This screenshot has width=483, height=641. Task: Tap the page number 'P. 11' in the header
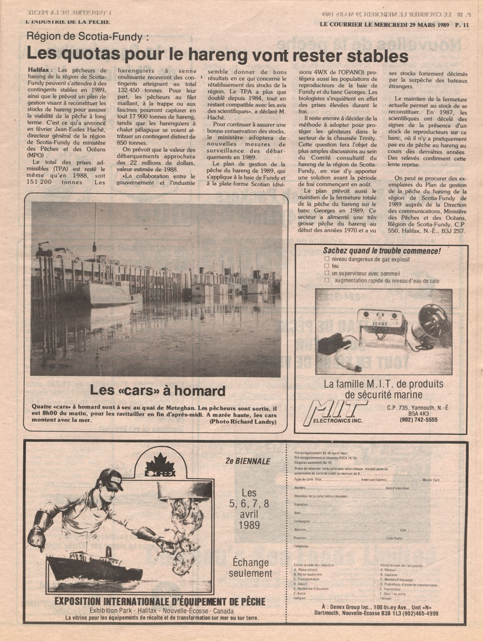click(462, 25)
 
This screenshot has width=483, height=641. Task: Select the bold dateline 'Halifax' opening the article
click(39, 70)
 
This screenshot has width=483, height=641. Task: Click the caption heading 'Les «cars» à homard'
click(158, 390)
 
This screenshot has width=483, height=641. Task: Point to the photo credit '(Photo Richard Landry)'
click(243, 422)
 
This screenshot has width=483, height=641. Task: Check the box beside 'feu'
click(327, 266)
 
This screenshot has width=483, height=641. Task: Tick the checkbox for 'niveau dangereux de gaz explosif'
click(327, 259)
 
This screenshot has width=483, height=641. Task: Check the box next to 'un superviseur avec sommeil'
click(327, 273)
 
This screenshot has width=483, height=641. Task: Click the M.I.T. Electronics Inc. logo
click(335, 412)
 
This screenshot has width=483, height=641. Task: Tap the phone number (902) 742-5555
click(419, 420)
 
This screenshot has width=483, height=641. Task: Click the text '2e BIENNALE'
click(248, 461)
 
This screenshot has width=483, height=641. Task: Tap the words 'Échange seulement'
click(250, 567)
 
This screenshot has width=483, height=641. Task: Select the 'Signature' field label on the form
click(301, 505)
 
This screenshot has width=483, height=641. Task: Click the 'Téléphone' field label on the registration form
click(301, 546)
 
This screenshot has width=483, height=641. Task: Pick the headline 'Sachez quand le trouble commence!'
click(381, 251)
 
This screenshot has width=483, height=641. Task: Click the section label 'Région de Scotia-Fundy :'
click(88, 37)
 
